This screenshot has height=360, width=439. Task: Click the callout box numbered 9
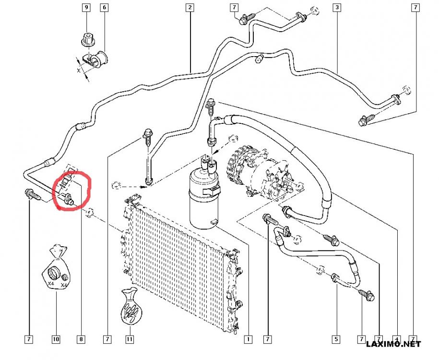[x=86, y=7]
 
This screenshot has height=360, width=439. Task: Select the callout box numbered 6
[x=105, y=7]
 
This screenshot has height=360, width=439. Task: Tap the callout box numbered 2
[x=190, y=7]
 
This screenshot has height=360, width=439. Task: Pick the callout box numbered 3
[x=337, y=7]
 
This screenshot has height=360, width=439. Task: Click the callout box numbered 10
[x=56, y=339]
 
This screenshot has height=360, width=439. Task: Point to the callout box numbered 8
[x=81, y=339]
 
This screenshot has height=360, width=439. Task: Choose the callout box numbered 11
[x=130, y=339]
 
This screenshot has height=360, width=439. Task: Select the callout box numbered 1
[x=248, y=339]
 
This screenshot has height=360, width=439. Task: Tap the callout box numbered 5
[x=336, y=339]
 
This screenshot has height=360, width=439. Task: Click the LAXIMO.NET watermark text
[x=393, y=344]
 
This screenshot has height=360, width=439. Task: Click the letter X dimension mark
[x=79, y=70]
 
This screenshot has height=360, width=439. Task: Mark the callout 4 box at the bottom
[x=397, y=339]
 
